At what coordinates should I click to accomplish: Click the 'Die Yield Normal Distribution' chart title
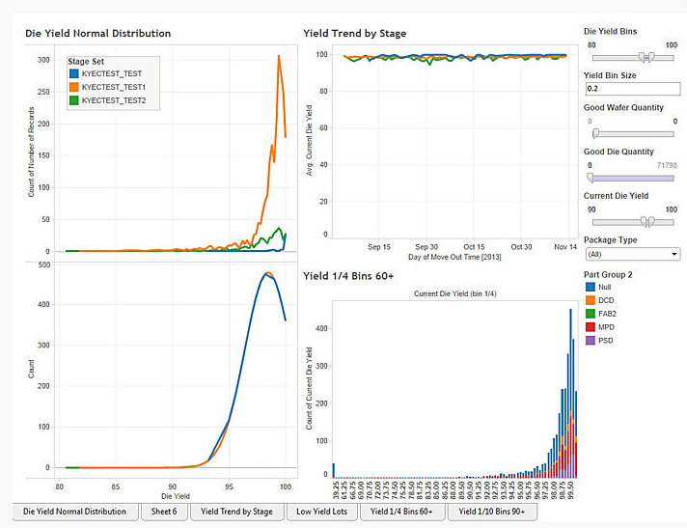point(97,33)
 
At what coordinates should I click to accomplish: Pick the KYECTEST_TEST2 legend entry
point(113,99)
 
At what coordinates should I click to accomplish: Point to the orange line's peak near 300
point(279,56)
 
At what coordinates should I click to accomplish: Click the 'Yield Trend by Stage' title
point(354,33)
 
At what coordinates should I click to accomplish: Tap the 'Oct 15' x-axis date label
point(474,246)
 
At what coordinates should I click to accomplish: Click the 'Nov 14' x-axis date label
point(565,246)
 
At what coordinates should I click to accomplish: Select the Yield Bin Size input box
point(632,89)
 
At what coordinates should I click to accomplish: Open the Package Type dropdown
point(632,254)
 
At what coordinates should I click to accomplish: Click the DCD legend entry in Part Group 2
point(605,300)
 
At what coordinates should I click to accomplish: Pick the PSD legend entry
point(605,341)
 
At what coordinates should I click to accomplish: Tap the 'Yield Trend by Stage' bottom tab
point(236,512)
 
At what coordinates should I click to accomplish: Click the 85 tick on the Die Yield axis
point(115,486)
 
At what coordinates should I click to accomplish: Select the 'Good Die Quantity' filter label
point(618,152)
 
